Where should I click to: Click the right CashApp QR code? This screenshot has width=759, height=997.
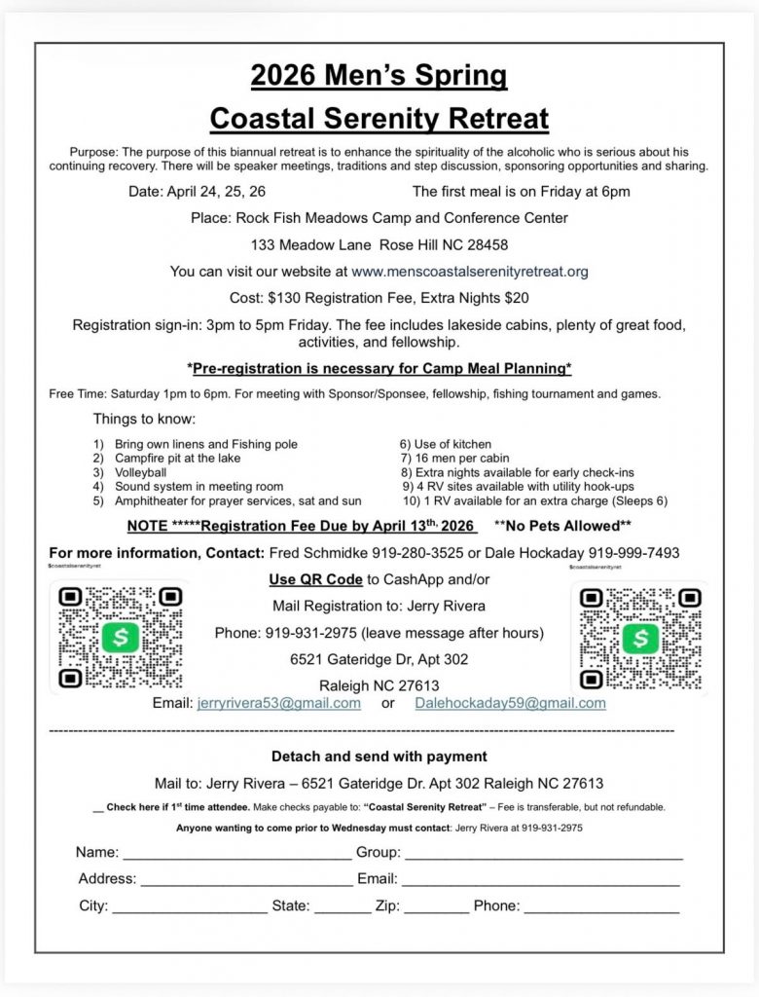[x=640, y=638]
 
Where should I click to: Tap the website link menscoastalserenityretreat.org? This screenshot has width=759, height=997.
[x=470, y=272]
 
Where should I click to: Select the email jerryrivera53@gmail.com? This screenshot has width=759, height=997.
[x=279, y=703]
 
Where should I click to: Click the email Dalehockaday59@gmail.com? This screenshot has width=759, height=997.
[x=510, y=703]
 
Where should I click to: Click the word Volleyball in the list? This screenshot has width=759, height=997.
[x=141, y=471]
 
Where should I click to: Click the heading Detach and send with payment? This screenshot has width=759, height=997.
[x=379, y=756]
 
